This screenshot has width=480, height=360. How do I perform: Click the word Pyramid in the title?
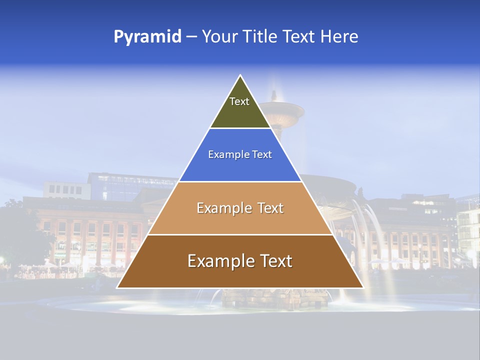tap(147, 37)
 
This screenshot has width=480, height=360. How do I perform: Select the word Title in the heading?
tap(260, 37)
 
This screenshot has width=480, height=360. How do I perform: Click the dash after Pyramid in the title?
tap(191, 37)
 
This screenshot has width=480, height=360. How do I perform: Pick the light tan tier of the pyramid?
tap(240, 220)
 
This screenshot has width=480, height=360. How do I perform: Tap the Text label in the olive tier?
tap(239, 101)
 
